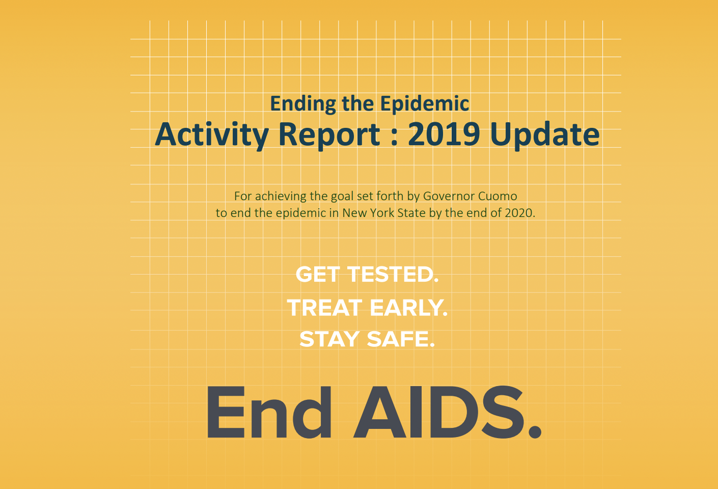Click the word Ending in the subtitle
pyautogui.click(x=303, y=104)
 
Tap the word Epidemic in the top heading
pyautogui.click(x=424, y=104)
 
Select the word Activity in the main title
pyautogui.click(x=211, y=134)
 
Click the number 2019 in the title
pyautogui.click(x=444, y=134)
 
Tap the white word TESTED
pyautogui.click(x=393, y=275)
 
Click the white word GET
pyautogui.click(x=318, y=275)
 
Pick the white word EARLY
pyautogui.click(x=409, y=308)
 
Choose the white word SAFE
pyautogui.click(x=401, y=339)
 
